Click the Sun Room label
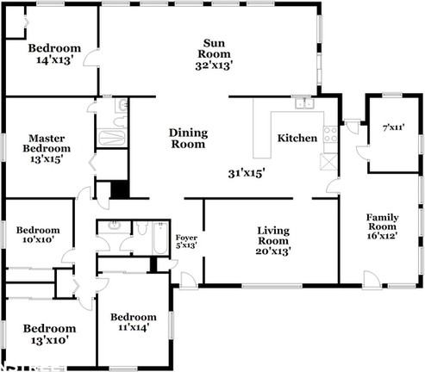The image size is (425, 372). point(215,53)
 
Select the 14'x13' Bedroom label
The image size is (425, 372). point(53,54)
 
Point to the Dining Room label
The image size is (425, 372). point(187,139)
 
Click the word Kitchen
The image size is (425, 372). point(297,138)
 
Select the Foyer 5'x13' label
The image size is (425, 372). point(186,241)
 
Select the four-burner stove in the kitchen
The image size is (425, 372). point(328,161)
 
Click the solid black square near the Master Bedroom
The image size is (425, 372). point(119,189)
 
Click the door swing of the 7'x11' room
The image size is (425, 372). point(362,152)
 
